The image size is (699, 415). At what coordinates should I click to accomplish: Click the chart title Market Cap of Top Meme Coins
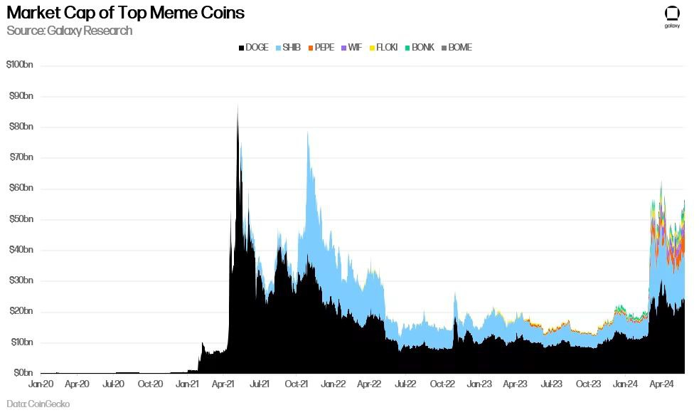pos(125,13)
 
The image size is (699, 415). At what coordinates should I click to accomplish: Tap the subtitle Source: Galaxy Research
pos(69,31)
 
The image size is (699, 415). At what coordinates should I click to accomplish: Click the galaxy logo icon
pos(672,15)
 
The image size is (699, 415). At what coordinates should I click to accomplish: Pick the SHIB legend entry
pos(287,48)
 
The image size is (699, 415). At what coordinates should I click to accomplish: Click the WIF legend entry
pos(351,48)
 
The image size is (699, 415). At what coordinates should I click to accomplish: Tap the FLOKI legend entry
pos(382,48)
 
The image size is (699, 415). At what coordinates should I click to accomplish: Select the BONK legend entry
pos(419,48)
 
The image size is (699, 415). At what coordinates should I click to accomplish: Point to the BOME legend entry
pos(456,48)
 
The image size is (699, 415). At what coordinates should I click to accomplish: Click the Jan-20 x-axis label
pos(41,384)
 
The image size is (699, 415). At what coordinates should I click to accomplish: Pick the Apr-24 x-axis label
pos(661,384)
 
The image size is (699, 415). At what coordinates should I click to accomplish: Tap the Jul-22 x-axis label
pos(405,384)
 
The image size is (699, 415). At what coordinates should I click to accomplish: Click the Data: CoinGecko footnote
pos(38,404)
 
